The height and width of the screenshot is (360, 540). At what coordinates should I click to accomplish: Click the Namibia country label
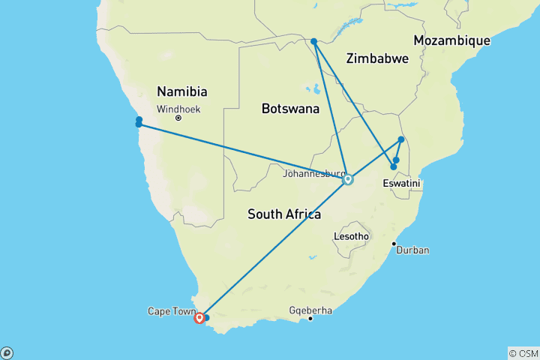click(181, 91)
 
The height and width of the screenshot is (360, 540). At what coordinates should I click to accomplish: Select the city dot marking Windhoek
click(178, 118)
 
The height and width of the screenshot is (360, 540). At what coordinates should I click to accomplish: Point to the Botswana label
click(290, 109)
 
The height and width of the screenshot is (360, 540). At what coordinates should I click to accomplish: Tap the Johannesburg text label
click(314, 174)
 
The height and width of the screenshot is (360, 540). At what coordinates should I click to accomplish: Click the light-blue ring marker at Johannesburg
click(348, 179)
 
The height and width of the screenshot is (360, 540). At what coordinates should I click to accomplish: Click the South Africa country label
click(284, 214)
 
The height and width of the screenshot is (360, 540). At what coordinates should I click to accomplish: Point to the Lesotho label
click(352, 236)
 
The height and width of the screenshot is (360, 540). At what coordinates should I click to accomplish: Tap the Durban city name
click(412, 250)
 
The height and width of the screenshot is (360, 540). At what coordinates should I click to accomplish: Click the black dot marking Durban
click(394, 244)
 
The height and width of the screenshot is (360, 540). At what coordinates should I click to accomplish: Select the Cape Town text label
click(172, 310)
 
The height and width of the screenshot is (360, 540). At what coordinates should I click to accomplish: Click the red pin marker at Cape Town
click(199, 318)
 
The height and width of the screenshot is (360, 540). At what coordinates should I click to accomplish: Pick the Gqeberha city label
click(311, 310)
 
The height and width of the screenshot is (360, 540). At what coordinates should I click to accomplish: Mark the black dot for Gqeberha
click(310, 319)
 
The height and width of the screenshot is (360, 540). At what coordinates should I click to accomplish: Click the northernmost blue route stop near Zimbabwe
click(313, 41)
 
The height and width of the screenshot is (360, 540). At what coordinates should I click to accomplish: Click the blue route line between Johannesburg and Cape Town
click(274, 248)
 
